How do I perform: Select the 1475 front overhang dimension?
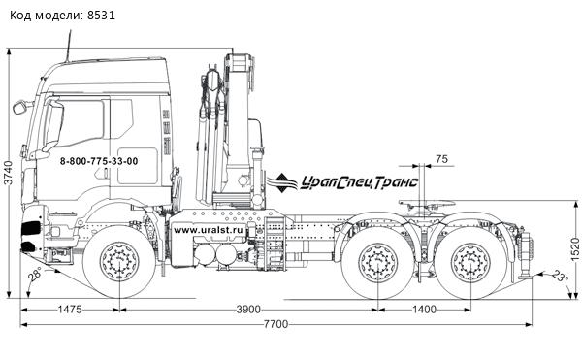tap(68, 309)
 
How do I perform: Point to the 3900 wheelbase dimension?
tap(248, 309)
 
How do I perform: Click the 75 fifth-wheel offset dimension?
tap(441, 158)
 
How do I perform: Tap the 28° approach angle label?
tap(35, 277)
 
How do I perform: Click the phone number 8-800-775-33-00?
tap(99, 161)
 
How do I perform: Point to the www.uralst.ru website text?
tap(206, 230)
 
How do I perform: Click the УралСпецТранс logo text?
tap(358, 180)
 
